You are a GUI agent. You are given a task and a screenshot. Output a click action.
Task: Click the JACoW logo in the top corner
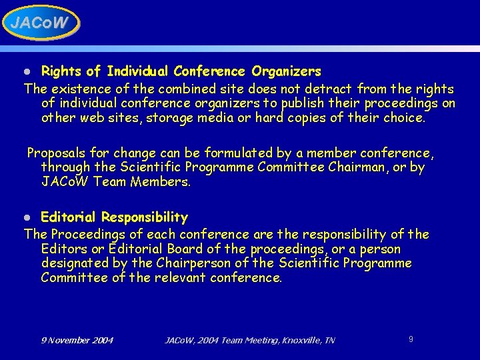(40, 23)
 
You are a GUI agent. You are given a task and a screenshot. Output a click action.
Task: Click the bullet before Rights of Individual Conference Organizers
(28, 71)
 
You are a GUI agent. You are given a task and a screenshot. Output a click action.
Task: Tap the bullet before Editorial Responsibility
(28, 218)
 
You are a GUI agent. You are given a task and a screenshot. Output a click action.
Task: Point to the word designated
(73, 263)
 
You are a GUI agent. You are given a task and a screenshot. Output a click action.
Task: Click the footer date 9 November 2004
(77, 341)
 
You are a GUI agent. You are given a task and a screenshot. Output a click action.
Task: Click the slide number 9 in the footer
(411, 339)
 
